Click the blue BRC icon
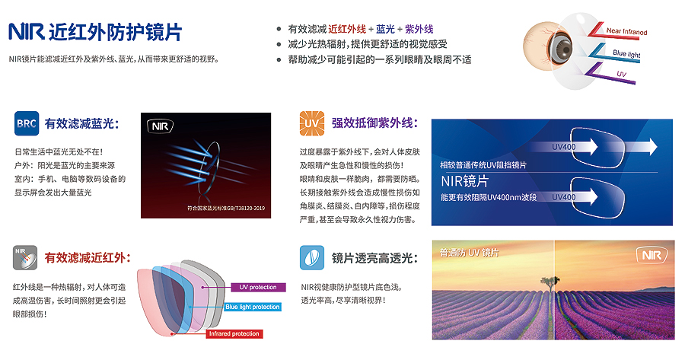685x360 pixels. (27, 123)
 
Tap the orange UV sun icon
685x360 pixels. (311, 123)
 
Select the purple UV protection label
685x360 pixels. (258, 287)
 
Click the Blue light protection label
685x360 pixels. (253, 307)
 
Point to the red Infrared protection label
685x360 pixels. (234, 334)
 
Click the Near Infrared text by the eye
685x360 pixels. (626, 31)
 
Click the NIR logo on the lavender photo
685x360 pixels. (652, 256)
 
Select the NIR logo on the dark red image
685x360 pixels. (160, 126)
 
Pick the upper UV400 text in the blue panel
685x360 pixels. (563, 147)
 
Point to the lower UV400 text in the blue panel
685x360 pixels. (563, 197)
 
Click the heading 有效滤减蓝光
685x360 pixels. (81, 123)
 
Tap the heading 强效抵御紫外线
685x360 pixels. (374, 123)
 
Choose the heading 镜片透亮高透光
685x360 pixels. (374, 258)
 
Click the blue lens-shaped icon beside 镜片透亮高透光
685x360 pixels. (312, 258)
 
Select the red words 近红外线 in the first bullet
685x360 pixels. (347, 29)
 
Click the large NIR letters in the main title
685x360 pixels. (26, 32)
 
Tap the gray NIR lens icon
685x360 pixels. (25, 258)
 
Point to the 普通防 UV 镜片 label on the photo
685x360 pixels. (469, 253)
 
